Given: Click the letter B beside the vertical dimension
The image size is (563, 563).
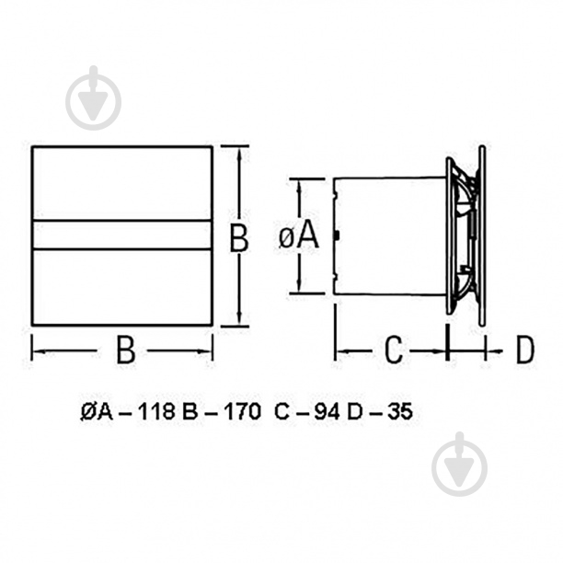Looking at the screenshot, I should click(x=239, y=238).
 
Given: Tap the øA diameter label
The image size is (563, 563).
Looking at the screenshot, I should click(x=297, y=236).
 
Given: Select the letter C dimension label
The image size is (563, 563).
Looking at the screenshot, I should click(x=393, y=350).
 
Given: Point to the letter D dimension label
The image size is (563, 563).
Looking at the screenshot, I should click(x=523, y=350).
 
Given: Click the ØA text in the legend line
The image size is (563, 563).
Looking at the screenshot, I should click(x=95, y=413).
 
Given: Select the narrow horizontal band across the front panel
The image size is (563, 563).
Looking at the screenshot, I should click(x=122, y=236).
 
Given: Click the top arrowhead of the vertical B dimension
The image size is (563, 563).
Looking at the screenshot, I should click(x=239, y=151).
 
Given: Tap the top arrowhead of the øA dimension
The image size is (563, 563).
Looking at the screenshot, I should click(x=298, y=182).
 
